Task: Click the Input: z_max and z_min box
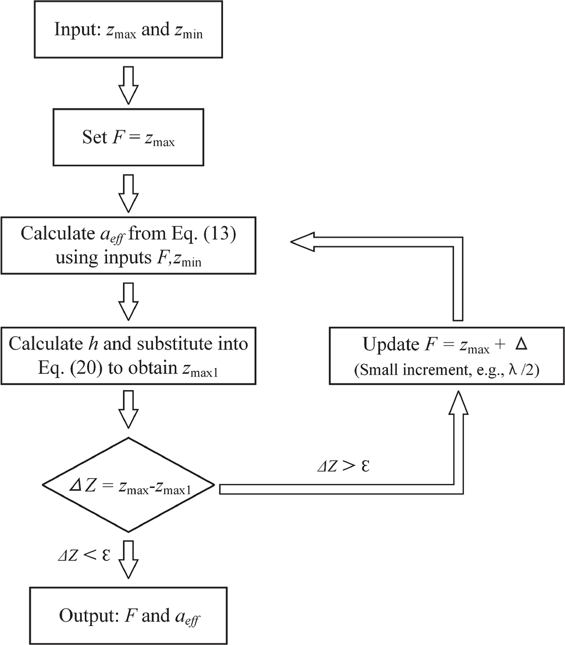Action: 129,30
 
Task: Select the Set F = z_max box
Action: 128,137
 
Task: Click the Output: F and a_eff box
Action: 128,616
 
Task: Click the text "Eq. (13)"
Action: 207,234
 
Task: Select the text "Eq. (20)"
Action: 71,368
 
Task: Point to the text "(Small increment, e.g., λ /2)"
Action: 446,370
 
